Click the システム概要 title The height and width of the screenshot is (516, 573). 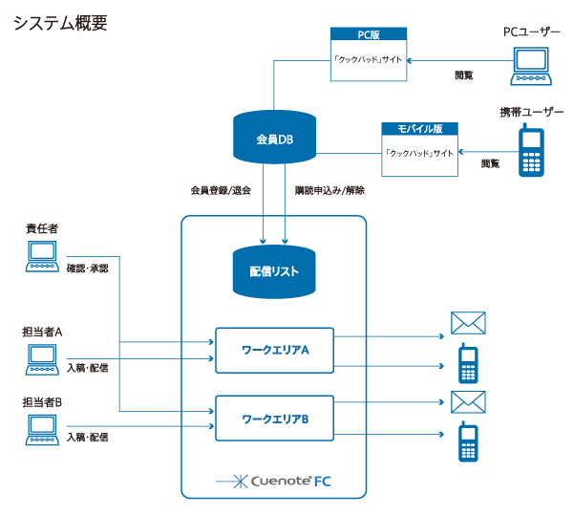pos(59,21)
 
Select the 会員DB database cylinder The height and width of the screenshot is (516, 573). pos(273,140)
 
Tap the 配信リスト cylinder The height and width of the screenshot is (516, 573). pos(274,271)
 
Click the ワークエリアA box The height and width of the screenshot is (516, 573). pos(275,351)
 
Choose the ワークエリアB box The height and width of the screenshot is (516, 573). pos(275,419)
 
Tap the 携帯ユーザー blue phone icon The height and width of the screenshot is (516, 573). pos(532,153)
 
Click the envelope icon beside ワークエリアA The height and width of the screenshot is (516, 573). pos(468,323)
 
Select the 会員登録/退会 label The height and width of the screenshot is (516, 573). pos(221,191)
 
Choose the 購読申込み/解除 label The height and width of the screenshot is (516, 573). pos(330,191)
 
